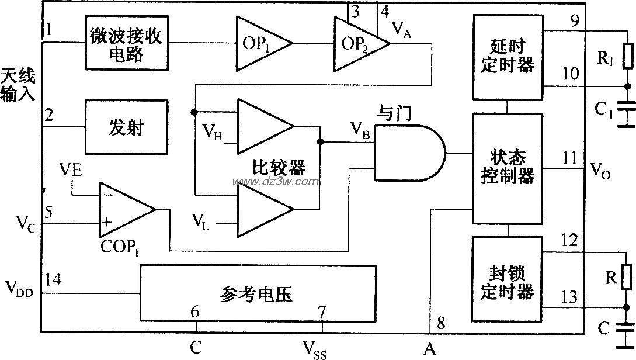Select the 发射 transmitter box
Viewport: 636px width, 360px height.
click(x=127, y=127)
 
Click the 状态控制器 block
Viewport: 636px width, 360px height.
click(x=507, y=168)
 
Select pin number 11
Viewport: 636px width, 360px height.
click(x=569, y=158)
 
